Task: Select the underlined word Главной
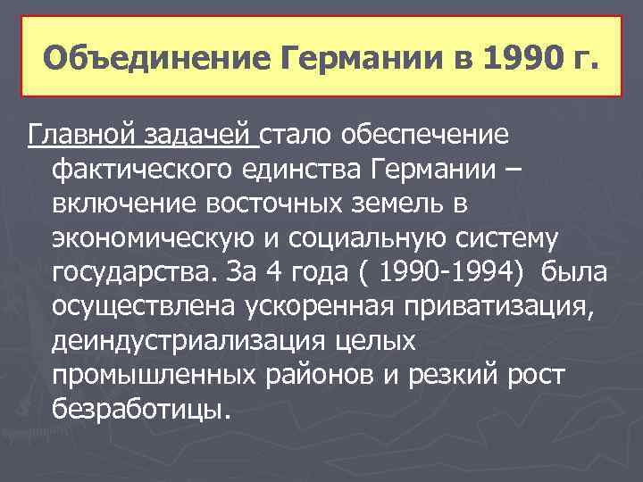click(x=79, y=135)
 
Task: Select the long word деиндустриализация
click(x=188, y=342)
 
